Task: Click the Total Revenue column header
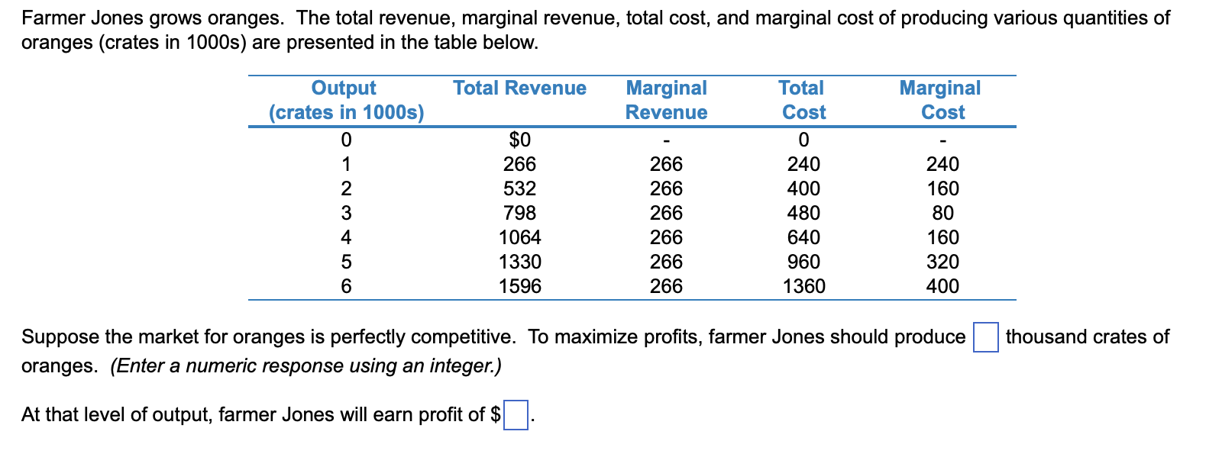[x=519, y=89]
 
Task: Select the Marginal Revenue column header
[x=666, y=100]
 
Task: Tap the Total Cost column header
[x=803, y=100]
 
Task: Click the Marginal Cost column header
[x=942, y=100]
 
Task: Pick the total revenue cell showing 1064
[x=519, y=237]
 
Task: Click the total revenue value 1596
[x=519, y=286]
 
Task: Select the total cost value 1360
[x=803, y=286]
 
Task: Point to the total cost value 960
[x=803, y=262]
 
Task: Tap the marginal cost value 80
[x=942, y=213]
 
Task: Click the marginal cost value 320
[x=942, y=262]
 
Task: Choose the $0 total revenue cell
[x=519, y=140]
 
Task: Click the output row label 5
[x=346, y=262]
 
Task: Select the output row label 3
[x=346, y=213]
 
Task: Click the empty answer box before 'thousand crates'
[x=985, y=337]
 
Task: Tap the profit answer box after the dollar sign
[x=516, y=415]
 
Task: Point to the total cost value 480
[x=803, y=213]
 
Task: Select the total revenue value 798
[x=519, y=213]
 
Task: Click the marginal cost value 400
[x=942, y=286]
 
